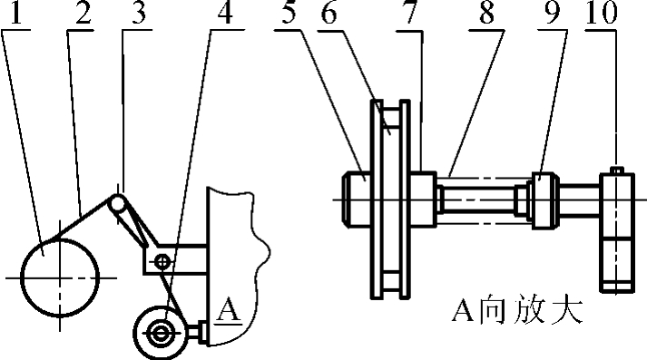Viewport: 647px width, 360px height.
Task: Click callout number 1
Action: click(15, 15)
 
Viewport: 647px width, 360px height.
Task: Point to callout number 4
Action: click(223, 15)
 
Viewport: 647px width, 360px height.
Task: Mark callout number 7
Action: click(412, 15)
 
